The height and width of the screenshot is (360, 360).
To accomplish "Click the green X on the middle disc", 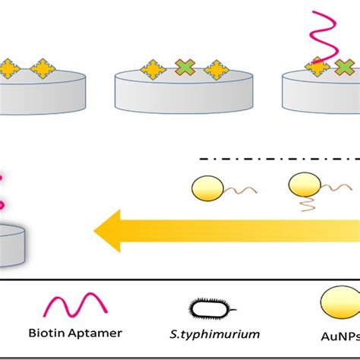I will click(184, 70).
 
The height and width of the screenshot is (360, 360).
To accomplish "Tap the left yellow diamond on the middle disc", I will click(154, 70).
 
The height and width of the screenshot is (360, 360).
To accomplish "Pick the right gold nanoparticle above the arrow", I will click(302, 185).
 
